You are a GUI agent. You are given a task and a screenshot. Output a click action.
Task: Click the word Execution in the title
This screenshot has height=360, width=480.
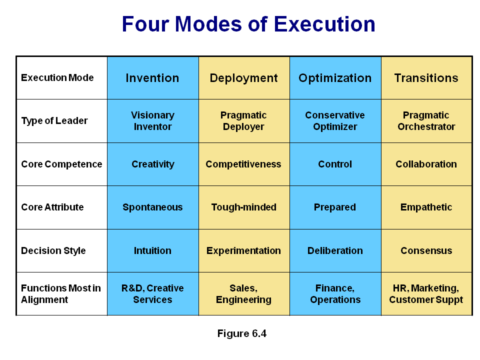click(x=324, y=24)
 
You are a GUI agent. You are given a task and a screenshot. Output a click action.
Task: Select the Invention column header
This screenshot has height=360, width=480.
click(x=152, y=78)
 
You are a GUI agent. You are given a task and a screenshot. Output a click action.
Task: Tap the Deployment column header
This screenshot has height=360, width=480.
click(x=243, y=78)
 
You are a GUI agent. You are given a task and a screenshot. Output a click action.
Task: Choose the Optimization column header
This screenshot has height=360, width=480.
click(x=335, y=78)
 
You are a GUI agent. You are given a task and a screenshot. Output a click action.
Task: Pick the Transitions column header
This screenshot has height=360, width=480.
click(x=426, y=78)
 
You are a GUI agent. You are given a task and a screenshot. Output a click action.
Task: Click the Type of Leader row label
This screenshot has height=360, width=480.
click(x=54, y=121)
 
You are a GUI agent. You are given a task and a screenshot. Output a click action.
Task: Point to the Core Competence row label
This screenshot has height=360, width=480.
click(x=61, y=164)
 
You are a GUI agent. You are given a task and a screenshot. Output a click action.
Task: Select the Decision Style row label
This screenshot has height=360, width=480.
click(x=53, y=250)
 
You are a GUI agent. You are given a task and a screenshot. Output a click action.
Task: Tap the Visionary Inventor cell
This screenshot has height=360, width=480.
click(x=153, y=121)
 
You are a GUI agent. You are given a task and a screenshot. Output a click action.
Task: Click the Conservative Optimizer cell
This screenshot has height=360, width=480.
click(x=335, y=121)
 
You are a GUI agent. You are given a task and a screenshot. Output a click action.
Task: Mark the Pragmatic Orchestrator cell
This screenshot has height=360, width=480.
click(x=426, y=121)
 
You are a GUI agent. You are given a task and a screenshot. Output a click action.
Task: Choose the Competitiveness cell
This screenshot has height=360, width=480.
click(x=243, y=164)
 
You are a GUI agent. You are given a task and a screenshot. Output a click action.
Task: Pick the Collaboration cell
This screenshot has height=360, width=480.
click(x=426, y=164)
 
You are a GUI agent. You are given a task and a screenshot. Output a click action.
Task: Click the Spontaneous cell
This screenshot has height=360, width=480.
click(x=152, y=207)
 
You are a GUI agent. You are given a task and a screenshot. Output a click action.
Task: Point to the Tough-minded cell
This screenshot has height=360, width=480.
click(x=243, y=207)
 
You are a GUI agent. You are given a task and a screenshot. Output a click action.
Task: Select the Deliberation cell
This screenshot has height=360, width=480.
click(x=335, y=250)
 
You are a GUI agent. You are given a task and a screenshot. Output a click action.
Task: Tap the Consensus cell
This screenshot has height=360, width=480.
click(x=426, y=250)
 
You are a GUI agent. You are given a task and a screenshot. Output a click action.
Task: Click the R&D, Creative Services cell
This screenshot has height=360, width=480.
click(x=152, y=294)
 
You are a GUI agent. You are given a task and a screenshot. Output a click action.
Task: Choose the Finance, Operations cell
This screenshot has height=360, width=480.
click(x=335, y=294)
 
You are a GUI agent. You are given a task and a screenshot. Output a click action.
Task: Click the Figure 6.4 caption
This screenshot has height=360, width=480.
click(x=242, y=333)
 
